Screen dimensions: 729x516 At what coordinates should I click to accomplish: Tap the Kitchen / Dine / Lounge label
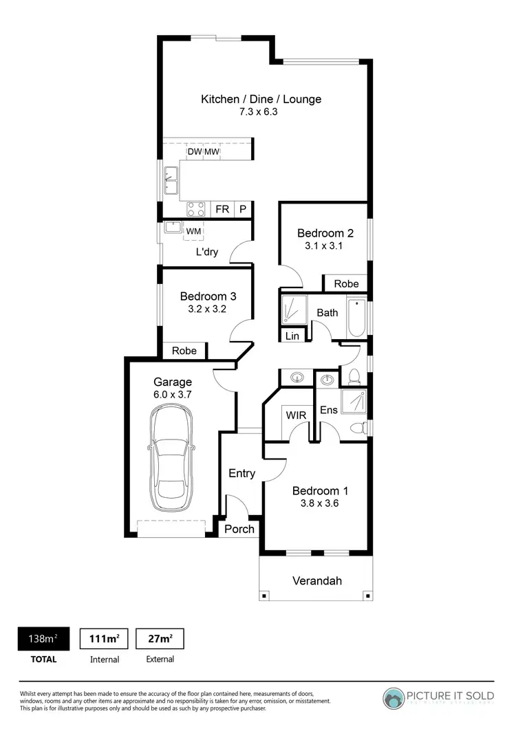click(261, 99)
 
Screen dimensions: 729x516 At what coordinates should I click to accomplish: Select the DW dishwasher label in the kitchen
click(194, 152)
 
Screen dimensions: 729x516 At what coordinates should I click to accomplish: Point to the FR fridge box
click(222, 209)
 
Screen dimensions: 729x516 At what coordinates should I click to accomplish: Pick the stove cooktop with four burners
click(196, 209)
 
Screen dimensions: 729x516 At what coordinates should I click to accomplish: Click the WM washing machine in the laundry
click(193, 231)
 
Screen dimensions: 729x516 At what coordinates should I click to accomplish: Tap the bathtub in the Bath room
click(356, 318)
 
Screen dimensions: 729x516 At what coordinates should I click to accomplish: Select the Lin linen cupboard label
click(292, 336)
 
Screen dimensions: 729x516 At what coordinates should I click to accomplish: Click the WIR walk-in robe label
click(296, 415)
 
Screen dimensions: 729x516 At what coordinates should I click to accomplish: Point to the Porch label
click(239, 528)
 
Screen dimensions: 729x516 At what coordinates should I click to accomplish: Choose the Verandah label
click(317, 580)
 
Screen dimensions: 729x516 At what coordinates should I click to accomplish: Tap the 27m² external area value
click(160, 638)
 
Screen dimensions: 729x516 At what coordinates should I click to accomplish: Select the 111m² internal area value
click(105, 638)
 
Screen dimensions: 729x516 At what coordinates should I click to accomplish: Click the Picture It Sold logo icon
click(394, 697)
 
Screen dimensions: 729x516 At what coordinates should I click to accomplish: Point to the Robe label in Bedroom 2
click(346, 283)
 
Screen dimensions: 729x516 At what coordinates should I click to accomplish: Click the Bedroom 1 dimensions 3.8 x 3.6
click(320, 503)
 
